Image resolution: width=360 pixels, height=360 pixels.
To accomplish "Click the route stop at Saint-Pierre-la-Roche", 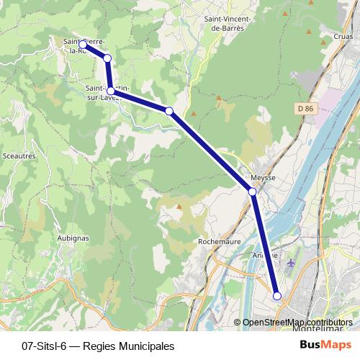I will [x=84, y=45].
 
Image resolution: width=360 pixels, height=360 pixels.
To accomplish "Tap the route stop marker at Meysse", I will [x=253, y=192].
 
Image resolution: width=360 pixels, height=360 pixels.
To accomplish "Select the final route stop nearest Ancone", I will [x=277, y=296].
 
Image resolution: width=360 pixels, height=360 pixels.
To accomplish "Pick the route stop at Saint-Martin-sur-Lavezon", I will [x=110, y=91].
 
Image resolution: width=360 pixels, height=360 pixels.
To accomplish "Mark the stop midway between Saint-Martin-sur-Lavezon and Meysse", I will [x=169, y=111].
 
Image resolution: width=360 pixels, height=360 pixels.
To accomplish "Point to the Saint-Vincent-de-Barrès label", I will [x=225, y=24].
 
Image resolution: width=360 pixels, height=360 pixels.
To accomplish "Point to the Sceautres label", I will [x=19, y=155].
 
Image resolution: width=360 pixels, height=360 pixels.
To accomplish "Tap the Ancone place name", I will [x=265, y=255].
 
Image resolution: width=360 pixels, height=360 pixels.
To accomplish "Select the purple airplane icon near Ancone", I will [x=291, y=262].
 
